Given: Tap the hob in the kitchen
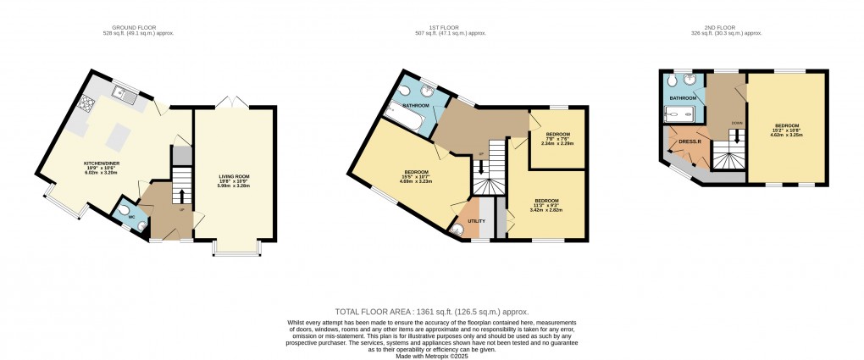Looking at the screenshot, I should [x=86, y=105].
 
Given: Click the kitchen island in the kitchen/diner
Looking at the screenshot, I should [x=119, y=136].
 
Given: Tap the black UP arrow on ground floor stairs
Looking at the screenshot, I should [x=181, y=197].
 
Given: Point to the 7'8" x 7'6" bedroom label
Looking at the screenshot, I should [x=557, y=135].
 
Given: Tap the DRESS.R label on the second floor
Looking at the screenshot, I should [x=690, y=141].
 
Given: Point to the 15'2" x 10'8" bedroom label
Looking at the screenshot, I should [x=785, y=126].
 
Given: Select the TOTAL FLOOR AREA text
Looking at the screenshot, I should [x=432, y=313].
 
